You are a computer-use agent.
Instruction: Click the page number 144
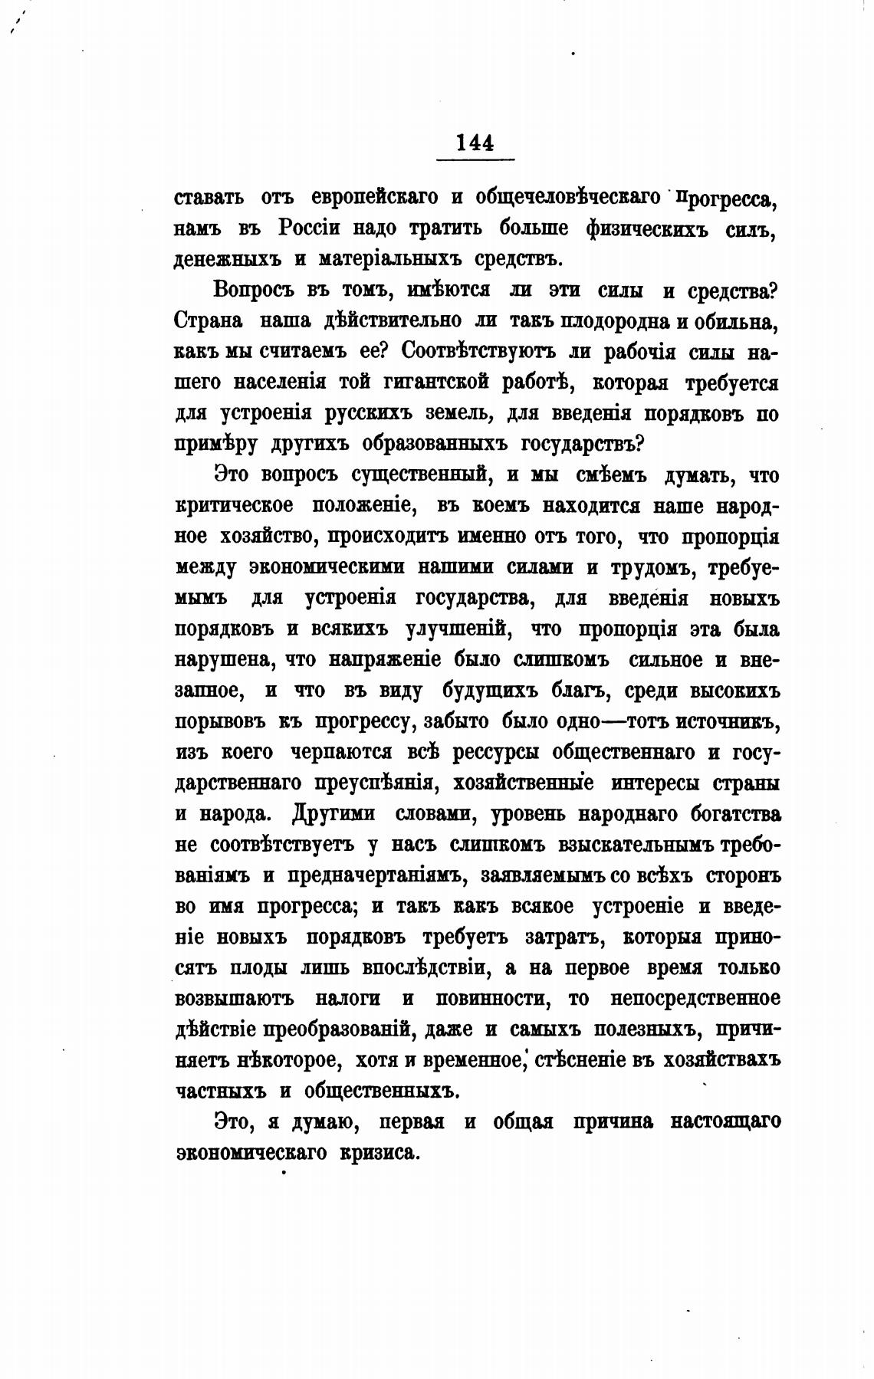(x=475, y=143)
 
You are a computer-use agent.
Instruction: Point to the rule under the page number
(x=475, y=159)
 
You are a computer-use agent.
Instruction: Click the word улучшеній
(x=454, y=629)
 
